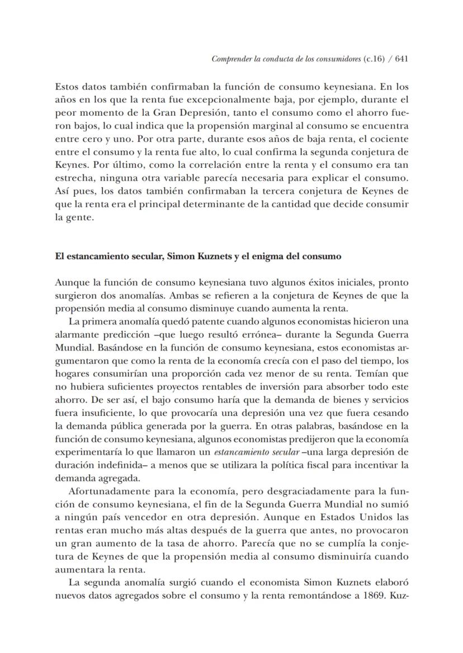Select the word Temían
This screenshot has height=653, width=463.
pyautogui.click(x=377, y=373)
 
